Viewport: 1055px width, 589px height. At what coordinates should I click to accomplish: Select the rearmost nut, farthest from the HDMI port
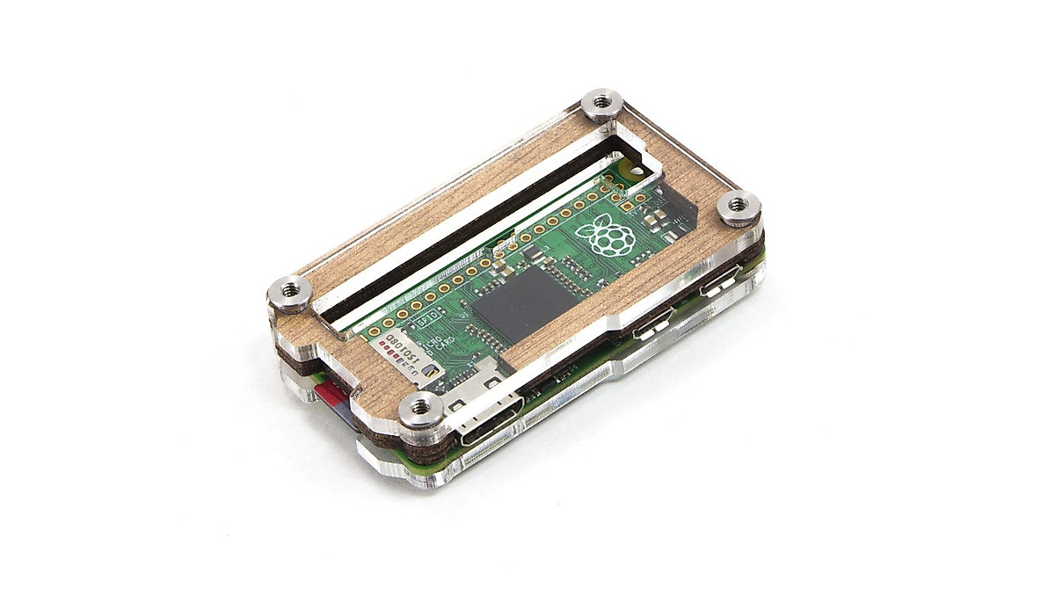602,103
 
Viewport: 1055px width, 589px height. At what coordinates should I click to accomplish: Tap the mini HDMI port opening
484,425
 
